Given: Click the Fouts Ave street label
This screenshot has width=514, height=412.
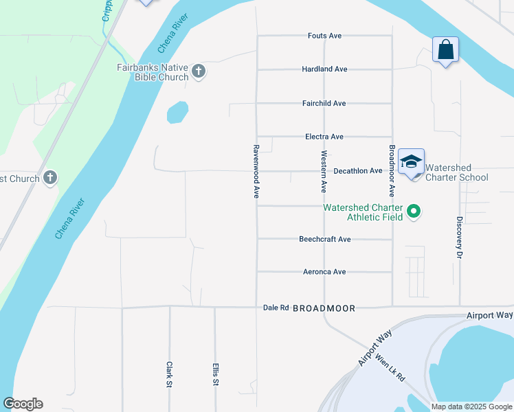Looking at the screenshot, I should tap(324, 36).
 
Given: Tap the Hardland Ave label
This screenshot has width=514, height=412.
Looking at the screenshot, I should tap(324, 69).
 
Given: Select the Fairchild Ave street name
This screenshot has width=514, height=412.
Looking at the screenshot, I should tap(324, 103).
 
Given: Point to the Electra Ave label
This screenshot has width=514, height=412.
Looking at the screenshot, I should tap(324, 137).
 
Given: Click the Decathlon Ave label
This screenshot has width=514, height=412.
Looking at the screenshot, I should tap(357, 171).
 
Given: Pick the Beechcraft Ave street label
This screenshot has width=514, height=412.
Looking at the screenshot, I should tap(324, 239).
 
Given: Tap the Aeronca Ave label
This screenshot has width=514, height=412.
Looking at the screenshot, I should tap(324, 272).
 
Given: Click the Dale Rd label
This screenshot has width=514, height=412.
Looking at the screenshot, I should tap(276, 308).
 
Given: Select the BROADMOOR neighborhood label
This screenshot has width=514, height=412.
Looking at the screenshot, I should tap(324, 309).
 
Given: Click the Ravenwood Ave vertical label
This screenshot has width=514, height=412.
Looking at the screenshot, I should tap(256, 172).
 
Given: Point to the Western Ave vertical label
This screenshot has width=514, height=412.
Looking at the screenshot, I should tap(323, 171).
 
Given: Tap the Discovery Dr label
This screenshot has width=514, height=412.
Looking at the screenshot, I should tap(459, 238).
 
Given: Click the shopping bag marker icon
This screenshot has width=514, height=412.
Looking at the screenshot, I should tap(445, 50).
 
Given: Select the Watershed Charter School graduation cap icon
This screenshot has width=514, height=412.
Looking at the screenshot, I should tap(411, 163).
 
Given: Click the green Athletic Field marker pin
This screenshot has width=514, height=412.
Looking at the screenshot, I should tap(414, 211).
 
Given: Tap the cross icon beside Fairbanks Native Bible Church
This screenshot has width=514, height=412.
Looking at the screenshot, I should tap(199, 71).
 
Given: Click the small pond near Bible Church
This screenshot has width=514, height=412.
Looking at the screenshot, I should tap(177, 112).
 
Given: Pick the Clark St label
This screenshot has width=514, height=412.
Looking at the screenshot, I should tap(168, 375).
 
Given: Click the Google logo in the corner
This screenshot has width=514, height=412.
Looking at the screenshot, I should tap(23, 404).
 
